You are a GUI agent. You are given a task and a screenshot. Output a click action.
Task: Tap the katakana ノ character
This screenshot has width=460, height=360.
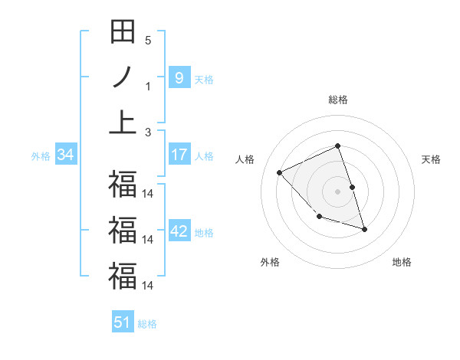[123, 77]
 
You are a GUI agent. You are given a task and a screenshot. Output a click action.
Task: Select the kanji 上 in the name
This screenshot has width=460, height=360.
[123, 123]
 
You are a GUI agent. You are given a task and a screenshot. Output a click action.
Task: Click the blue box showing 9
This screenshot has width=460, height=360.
[179, 77]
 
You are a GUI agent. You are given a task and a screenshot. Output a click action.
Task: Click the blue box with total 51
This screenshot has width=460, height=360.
[123, 322]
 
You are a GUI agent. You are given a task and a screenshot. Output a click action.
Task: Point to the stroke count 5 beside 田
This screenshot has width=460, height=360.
[148, 40]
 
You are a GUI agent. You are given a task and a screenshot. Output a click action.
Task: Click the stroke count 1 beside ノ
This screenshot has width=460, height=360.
[148, 86]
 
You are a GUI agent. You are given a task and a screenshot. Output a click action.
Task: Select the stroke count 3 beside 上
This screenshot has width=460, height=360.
[148, 132]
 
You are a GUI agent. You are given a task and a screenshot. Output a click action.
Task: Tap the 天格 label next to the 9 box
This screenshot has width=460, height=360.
[204, 79]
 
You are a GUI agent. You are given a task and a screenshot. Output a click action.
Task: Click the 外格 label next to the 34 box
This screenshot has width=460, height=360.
[41, 156]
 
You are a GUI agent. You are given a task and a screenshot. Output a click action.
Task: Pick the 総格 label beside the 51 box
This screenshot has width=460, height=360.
[147, 324]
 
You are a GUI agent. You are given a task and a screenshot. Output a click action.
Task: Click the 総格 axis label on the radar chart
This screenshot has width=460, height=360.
[338, 100]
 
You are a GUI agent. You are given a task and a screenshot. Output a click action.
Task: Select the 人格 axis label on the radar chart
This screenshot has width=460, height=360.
[245, 159]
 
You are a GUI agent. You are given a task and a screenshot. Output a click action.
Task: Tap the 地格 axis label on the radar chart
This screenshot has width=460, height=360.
[402, 262]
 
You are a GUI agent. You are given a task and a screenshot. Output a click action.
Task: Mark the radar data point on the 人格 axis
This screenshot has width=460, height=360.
[280, 172]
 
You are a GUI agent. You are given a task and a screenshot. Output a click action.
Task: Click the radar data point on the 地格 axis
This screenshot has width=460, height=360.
[364, 229]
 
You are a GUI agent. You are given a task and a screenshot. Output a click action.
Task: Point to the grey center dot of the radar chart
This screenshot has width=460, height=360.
[338, 191]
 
